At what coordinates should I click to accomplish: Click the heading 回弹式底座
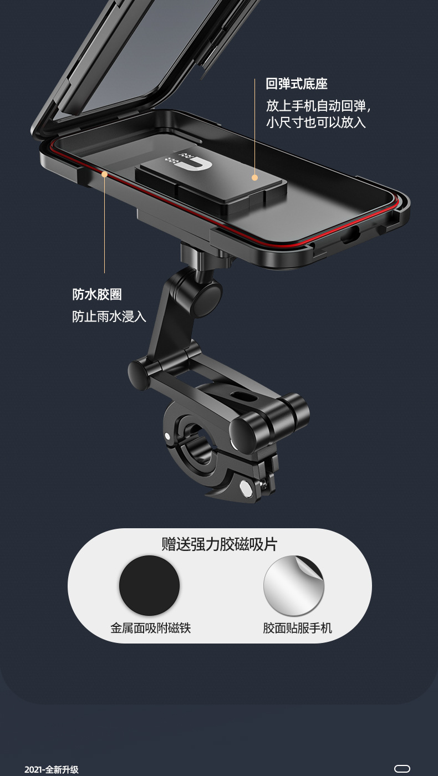(297, 84)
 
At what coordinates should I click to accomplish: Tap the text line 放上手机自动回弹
(318, 105)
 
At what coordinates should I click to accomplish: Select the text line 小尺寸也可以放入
(315, 122)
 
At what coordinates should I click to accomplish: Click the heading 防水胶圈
(97, 294)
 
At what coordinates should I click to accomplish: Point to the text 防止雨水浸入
(109, 316)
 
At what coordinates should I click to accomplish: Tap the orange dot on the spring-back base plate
(254, 177)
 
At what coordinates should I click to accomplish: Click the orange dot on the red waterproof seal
(104, 174)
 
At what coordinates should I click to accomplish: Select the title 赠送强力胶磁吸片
(219, 544)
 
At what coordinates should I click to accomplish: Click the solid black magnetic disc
(149, 586)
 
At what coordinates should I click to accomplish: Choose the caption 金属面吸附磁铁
(150, 628)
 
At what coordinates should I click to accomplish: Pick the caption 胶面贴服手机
(297, 628)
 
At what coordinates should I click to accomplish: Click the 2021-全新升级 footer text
(52, 769)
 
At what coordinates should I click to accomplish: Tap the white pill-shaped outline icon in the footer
(402, 769)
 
